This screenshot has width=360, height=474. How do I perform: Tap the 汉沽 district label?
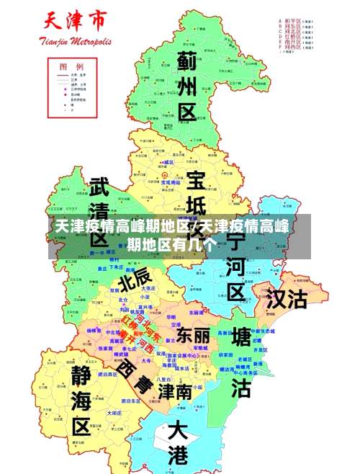[x=287, y=299]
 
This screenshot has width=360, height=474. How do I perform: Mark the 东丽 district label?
[x=193, y=335]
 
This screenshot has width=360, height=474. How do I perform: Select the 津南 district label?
[x=175, y=391]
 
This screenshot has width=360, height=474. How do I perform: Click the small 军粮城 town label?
[x=198, y=347]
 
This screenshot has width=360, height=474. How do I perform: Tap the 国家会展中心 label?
[x=181, y=356]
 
